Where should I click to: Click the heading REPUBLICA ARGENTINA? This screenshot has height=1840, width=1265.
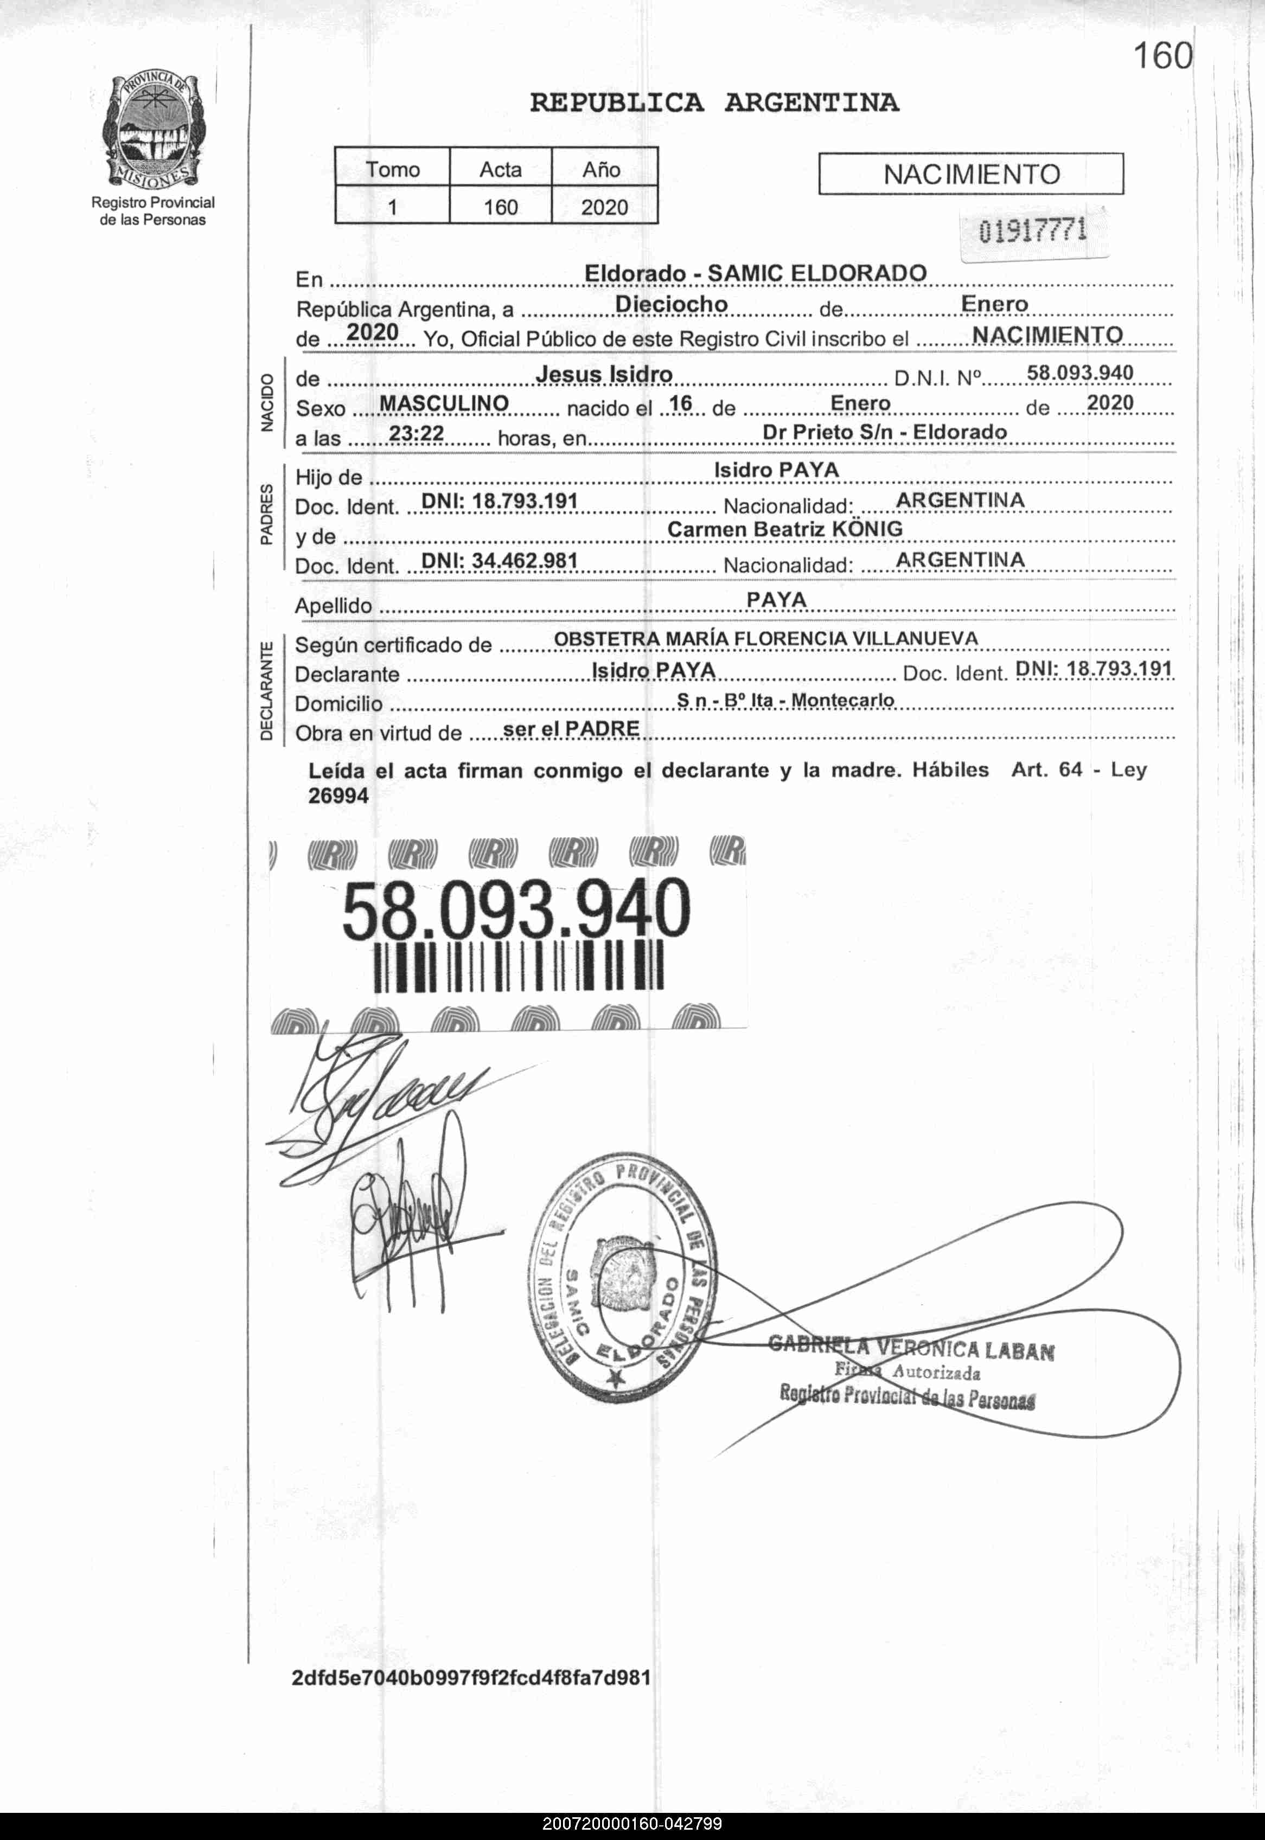[713, 103]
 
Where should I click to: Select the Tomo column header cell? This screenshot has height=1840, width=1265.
[392, 169]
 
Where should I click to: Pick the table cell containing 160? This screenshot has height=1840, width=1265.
[500, 208]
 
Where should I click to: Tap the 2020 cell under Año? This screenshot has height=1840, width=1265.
[604, 208]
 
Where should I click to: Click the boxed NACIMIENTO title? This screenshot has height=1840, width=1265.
[971, 174]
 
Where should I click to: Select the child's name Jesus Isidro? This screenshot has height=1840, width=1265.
[604, 374]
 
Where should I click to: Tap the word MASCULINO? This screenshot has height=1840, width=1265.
[444, 403]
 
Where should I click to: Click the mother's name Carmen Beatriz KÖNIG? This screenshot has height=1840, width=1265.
[785, 529]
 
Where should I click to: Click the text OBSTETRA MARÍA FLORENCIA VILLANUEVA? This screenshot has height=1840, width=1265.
[765, 639]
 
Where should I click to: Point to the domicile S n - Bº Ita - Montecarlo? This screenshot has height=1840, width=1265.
[785, 701]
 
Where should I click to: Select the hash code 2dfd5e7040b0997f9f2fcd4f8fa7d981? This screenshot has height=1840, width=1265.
[471, 1677]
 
